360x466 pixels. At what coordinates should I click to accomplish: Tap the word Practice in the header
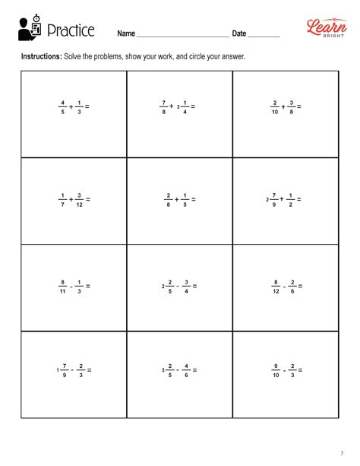[71, 31]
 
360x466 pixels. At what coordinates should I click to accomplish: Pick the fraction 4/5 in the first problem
[63, 106]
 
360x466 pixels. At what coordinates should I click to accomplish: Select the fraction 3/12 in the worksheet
[79, 199]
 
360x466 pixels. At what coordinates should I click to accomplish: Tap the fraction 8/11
[63, 286]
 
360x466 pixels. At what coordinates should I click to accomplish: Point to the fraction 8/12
[276, 286]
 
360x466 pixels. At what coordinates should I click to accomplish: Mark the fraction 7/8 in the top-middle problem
[163, 106]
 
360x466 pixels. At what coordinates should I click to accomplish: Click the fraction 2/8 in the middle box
[169, 199]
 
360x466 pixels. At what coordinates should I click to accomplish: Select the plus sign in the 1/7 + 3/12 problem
[71, 199]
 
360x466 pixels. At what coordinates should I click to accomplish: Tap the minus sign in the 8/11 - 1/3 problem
[71, 286]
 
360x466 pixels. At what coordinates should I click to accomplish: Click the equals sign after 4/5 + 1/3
[87, 106]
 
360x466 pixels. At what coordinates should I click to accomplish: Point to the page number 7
[341, 453]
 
